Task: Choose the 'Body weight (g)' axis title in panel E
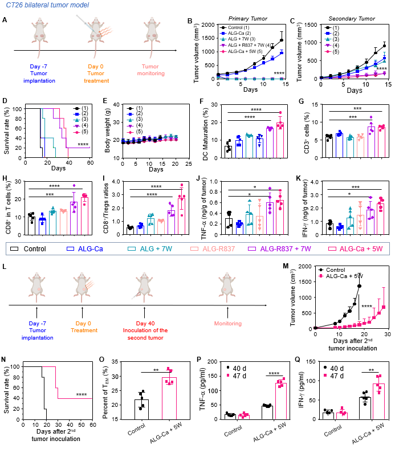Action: tap(100, 129)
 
